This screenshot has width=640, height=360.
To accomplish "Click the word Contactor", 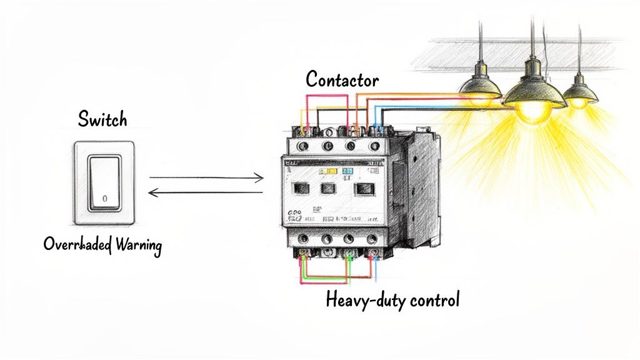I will coord(342,79).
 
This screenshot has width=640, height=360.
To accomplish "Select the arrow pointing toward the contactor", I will coord(206,179).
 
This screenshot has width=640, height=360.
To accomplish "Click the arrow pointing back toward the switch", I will coord(206,192).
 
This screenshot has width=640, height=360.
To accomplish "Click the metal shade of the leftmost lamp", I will coord(479,87).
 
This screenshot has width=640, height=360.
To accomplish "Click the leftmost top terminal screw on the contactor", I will coord(302,146).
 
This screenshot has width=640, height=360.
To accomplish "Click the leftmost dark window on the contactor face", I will coord(298,188).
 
